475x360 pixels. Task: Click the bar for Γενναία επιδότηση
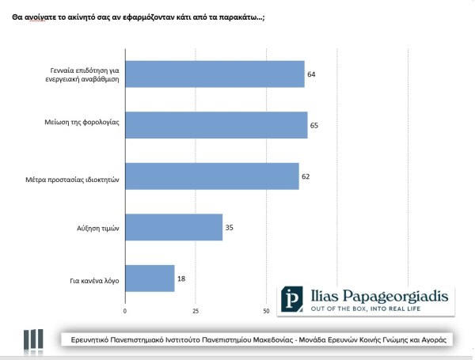215,74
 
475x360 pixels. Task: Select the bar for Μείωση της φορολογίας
216,125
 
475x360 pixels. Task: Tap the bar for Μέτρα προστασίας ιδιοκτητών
212,176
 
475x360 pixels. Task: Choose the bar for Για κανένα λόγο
150,278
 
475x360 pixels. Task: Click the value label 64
312,74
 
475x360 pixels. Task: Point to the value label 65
314,125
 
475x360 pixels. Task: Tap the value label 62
306,176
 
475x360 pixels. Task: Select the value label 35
230,227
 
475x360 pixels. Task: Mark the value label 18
181,278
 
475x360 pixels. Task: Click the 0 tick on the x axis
125,309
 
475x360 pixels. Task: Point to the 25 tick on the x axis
196,309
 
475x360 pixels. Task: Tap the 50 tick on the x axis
267,309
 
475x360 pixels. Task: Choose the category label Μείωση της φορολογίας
83,125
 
